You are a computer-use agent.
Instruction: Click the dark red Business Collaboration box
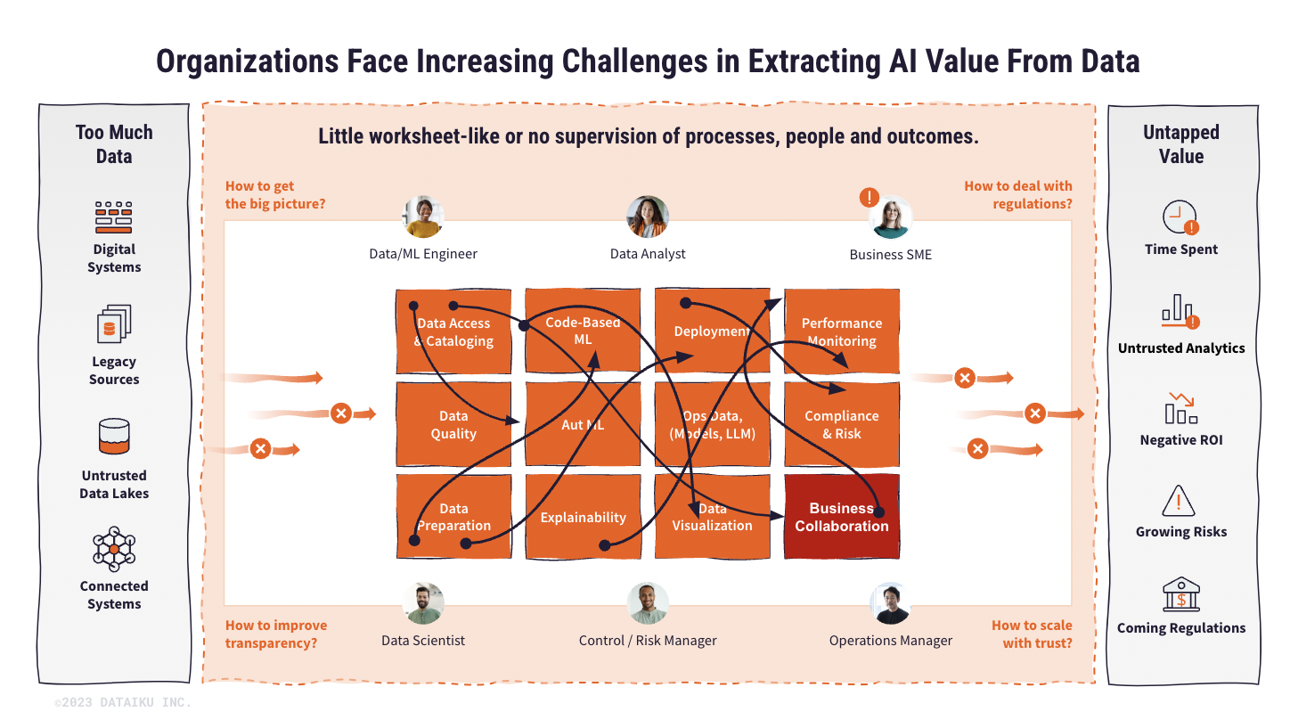pos(842,517)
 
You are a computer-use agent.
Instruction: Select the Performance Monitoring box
pos(842,331)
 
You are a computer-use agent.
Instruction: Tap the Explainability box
pos(583,517)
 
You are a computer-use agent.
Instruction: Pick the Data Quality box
pos(453,424)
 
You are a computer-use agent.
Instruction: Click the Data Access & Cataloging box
pos(453,331)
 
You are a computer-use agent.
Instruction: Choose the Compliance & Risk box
pos(842,424)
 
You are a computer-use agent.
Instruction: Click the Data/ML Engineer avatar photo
pos(423,217)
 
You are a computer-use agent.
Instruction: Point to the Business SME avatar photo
pos(890,217)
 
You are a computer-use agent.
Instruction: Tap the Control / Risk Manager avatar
pos(648,603)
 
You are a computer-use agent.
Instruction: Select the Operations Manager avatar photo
pos(890,603)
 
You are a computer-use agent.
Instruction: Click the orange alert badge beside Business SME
pos(869,197)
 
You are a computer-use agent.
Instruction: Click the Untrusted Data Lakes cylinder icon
pos(114,438)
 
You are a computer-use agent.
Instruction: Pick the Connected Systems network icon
pos(114,549)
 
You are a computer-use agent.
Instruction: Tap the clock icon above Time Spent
pos(1180,217)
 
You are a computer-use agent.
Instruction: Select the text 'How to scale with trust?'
pos(1032,634)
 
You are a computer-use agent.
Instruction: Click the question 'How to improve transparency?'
pos(276,634)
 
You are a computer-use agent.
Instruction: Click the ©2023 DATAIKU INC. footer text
pos(123,703)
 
